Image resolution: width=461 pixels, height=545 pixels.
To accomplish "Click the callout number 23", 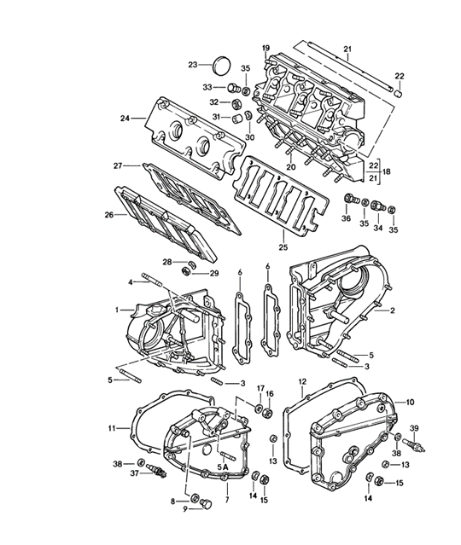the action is (x=193, y=65).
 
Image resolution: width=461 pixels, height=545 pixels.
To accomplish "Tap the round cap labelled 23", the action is (x=221, y=66).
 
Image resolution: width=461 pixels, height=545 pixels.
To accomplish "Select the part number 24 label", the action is (x=125, y=119).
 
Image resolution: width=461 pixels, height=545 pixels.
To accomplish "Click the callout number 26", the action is (x=109, y=215).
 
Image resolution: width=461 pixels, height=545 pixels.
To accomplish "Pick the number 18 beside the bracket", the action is (x=386, y=171).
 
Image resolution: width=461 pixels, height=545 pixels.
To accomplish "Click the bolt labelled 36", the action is (x=352, y=200).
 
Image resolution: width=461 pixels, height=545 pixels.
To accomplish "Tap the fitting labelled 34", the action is (x=378, y=206).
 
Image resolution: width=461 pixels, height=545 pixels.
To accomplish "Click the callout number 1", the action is (x=117, y=310).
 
